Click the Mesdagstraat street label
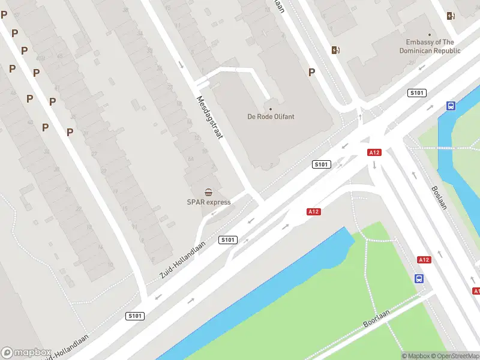[209, 118]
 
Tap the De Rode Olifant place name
[271, 116]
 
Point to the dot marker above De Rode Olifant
[271, 109]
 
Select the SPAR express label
[208, 202]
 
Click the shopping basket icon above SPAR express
[208, 193]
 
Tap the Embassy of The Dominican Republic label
[430, 46]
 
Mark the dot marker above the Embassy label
[430, 35]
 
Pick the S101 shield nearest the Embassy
[416, 92]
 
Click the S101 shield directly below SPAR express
[228, 240]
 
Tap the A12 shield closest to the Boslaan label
[424, 259]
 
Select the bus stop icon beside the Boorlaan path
[419, 278]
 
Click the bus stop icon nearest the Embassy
[451, 106]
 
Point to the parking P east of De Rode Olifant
[311, 72]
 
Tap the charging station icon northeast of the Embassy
[451, 16]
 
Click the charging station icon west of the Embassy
[335, 50]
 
